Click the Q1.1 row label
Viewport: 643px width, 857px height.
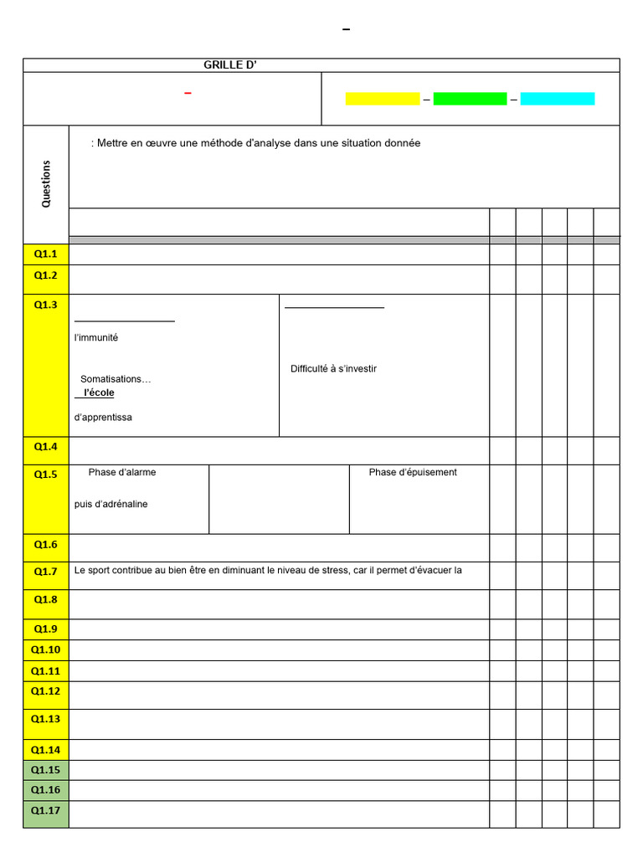tap(46, 254)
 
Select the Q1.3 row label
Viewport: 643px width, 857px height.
tap(46, 305)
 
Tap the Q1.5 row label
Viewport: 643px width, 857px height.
tap(46, 475)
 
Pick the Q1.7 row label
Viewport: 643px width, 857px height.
tap(46, 572)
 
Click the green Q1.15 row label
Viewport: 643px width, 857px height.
tap(46, 770)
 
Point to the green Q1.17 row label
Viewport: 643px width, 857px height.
tap(46, 810)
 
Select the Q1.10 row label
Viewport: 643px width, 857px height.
tap(46, 650)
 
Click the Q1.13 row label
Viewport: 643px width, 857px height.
tap(46, 719)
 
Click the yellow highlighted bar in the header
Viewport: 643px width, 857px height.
tap(383, 99)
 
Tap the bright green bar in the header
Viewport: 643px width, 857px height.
tap(470, 99)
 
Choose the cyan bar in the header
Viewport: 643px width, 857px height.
tap(558, 99)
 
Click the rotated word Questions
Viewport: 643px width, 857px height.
tap(46, 183)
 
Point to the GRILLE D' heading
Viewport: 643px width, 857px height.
tap(229, 65)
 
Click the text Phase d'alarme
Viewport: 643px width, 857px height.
tap(122, 472)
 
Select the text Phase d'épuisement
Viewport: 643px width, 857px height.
tap(413, 472)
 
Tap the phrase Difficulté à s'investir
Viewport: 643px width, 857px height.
tap(333, 369)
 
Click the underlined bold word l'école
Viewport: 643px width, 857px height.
tap(99, 393)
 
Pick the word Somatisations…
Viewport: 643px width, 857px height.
tap(116, 379)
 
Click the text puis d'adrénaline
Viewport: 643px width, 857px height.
tap(111, 504)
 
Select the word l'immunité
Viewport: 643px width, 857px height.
tap(96, 337)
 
